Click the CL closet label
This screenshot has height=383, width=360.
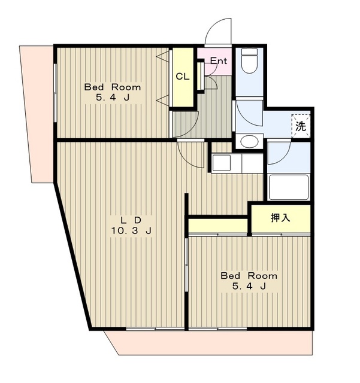183,77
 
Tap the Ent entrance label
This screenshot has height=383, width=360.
219,60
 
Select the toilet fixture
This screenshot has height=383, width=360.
249,60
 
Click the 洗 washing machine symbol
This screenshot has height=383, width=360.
301,126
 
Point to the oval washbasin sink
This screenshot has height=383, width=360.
249,141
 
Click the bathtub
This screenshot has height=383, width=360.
289,187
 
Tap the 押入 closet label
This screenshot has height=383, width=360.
280,217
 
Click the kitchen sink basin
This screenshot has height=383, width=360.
222,163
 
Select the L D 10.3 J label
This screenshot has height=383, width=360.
131,226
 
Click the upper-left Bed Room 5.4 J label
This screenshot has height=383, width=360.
113,92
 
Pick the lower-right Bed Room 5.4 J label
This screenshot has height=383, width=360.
249,281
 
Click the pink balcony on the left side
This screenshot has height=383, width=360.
37,114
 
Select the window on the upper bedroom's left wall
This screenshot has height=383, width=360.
56,93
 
